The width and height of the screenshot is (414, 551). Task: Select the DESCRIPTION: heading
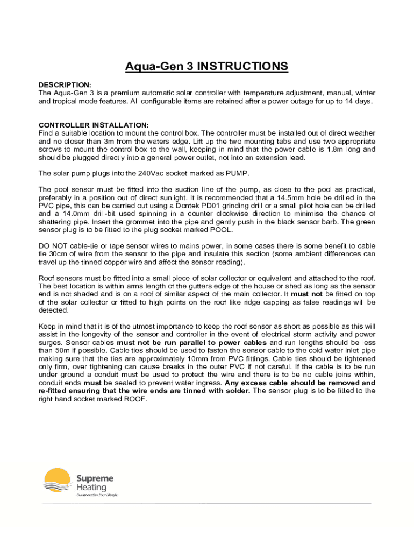click(x=65, y=85)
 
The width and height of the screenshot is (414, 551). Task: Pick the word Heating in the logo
click(x=91, y=488)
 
